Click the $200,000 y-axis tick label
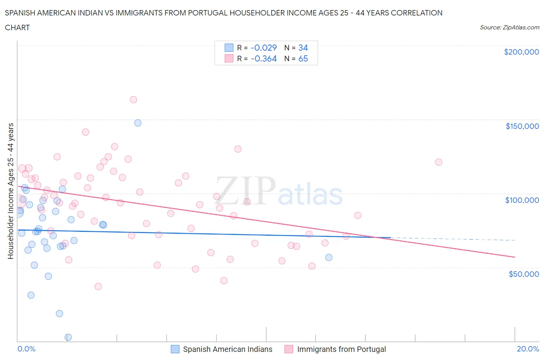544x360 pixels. click(x=521, y=52)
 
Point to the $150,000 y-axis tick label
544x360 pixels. click(x=522, y=126)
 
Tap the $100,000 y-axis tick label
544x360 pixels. click(x=522, y=200)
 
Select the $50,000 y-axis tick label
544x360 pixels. click(x=523, y=274)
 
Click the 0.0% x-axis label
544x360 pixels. click(x=26, y=349)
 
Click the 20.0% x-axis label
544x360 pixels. click(x=528, y=349)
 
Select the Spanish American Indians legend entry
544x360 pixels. click(x=222, y=349)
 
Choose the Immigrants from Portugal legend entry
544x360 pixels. click(x=335, y=349)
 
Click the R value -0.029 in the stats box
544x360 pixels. click(x=263, y=48)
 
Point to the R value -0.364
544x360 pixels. click(x=263, y=58)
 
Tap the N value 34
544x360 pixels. click(x=303, y=48)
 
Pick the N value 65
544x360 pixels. click(x=303, y=58)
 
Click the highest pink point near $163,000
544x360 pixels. click(x=133, y=99)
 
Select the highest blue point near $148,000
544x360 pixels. click(x=138, y=123)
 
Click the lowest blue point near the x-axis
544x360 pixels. click(x=68, y=337)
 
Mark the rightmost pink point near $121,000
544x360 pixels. click(x=438, y=162)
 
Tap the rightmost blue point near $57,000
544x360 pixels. click(x=329, y=257)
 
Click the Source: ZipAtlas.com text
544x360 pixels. click(x=509, y=27)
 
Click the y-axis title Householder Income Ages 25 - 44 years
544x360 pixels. click(x=10, y=191)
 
